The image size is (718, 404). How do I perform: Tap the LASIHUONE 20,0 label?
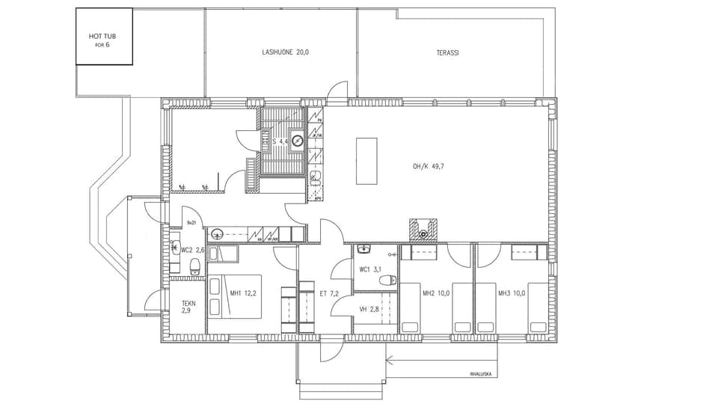click(286, 52)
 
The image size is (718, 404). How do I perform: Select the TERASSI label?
click(447, 53)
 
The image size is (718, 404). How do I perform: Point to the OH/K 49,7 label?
click(429, 166)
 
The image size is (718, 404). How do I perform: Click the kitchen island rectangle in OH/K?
click(366, 161)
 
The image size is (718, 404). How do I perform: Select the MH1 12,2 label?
click(243, 293)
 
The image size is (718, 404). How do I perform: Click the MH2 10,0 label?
click(436, 293)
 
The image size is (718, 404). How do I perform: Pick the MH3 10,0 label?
click(512, 293)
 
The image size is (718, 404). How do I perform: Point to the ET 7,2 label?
click(329, 294)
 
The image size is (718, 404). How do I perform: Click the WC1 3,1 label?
click(370, 269)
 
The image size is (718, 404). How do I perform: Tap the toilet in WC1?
click(387, 281)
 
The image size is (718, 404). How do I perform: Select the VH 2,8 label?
click(369, 309)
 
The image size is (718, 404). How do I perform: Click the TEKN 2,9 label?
click(189, 308)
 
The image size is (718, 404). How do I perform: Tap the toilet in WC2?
click(195, 266)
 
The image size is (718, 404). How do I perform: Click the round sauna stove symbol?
click(297, 139)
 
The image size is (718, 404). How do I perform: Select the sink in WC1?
click(364, 249)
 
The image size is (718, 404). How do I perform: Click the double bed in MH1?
click(235, 296)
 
